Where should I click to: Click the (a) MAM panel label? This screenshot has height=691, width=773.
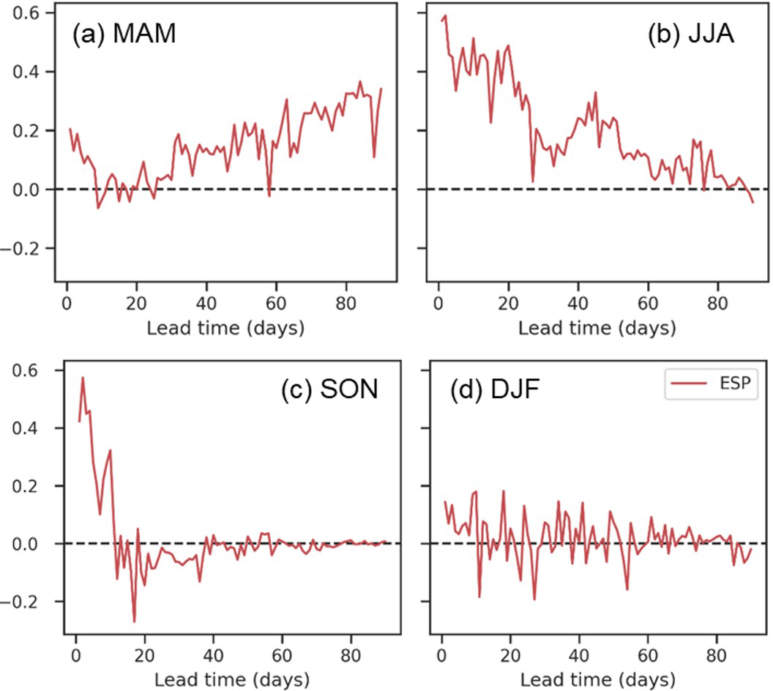click(x=124, y=36)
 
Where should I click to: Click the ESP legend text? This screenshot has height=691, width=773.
click(x=735, y=383)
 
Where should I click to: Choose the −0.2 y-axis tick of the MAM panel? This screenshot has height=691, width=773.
click(x=29, y=248)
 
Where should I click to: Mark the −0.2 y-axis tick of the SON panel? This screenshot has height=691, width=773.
click(x=29, y=602)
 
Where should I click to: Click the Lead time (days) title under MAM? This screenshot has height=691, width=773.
click(x=225, y=329)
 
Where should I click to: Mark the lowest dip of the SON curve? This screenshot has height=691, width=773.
click(x=134, y=621)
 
